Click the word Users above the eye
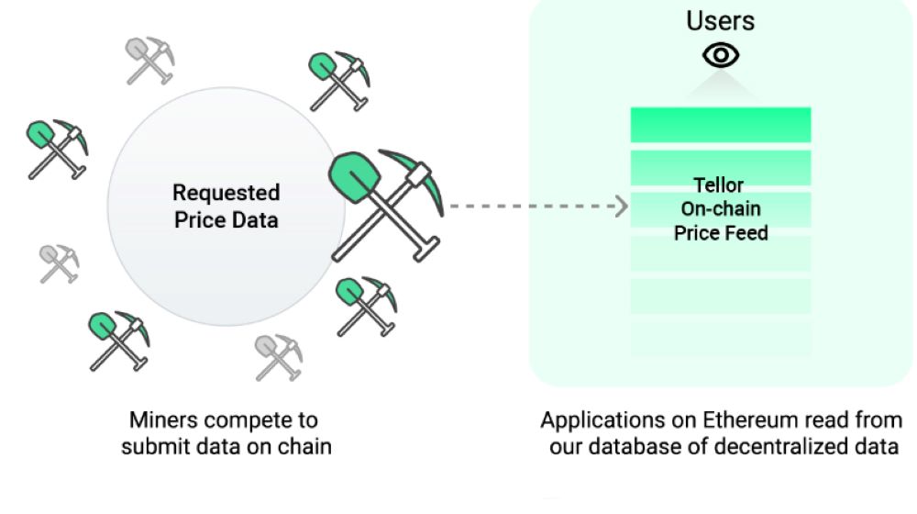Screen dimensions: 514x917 click(721, 21)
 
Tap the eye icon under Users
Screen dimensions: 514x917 click(721, 56)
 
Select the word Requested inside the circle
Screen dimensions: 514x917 click(226, 194)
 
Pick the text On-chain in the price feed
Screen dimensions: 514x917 click(721, 209)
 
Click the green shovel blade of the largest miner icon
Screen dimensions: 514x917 click(349, 177)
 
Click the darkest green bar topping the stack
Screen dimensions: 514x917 click(721, 124)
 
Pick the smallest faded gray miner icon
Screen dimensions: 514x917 click(58, 263)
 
